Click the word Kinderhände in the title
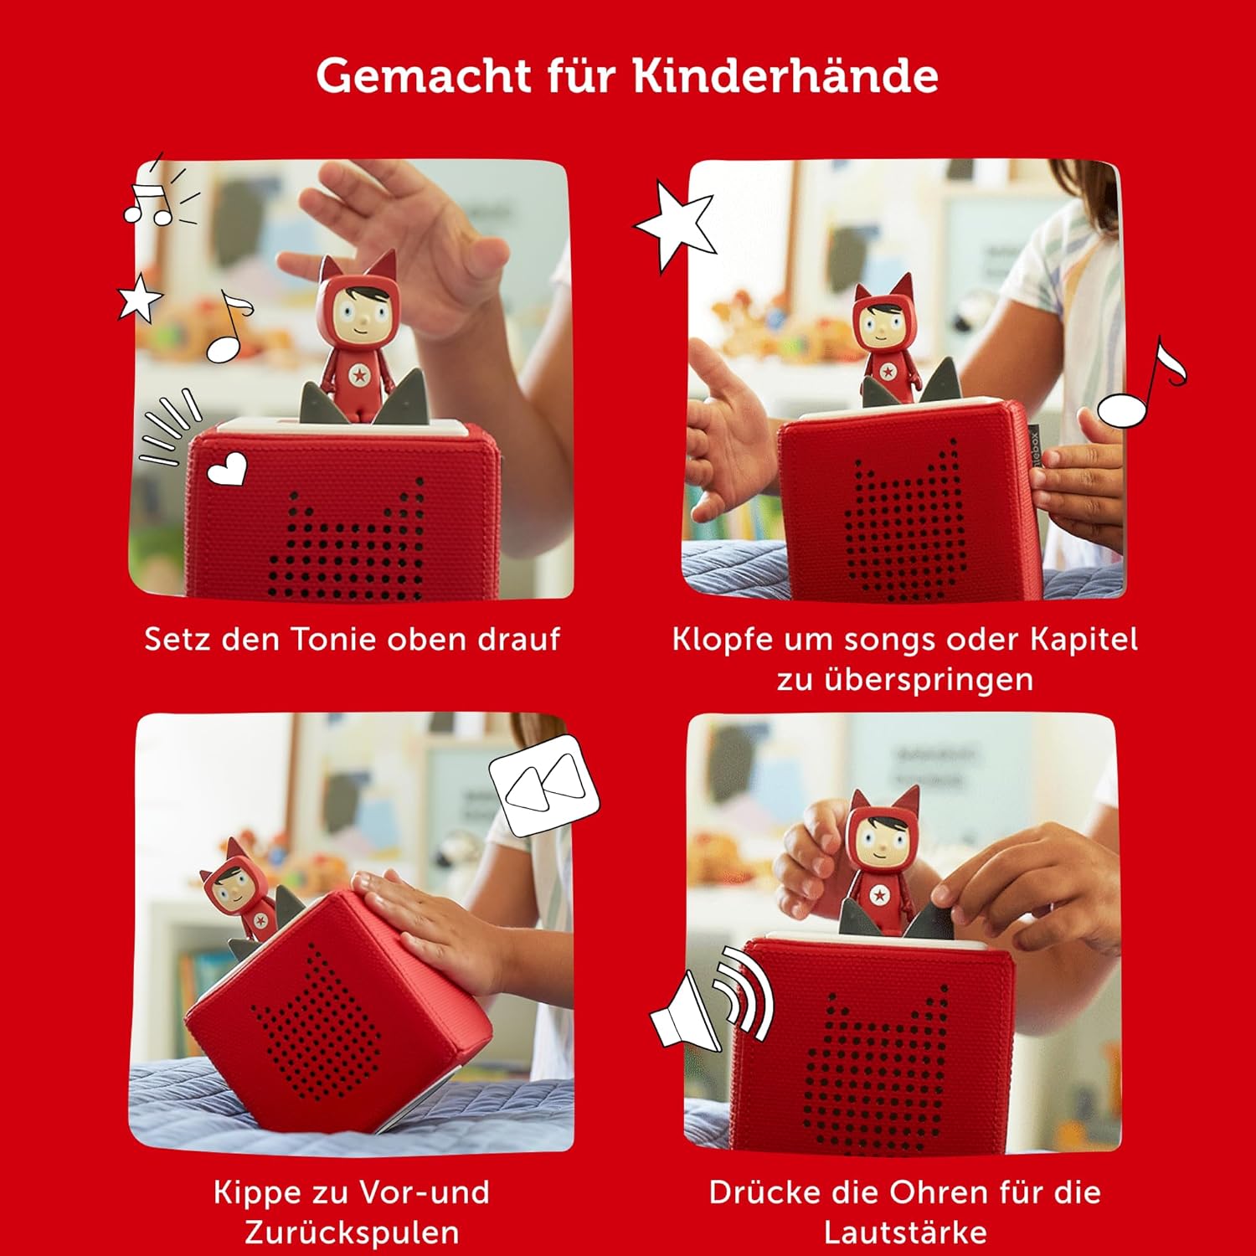tap(785, 75)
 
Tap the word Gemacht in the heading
tap(423, 75)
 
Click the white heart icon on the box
tap(227, 469)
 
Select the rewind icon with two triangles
tap(545, 784)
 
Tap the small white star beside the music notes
tap(139, 297)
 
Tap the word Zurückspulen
tap(352, 1233)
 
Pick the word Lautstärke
tap(905, 1233)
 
